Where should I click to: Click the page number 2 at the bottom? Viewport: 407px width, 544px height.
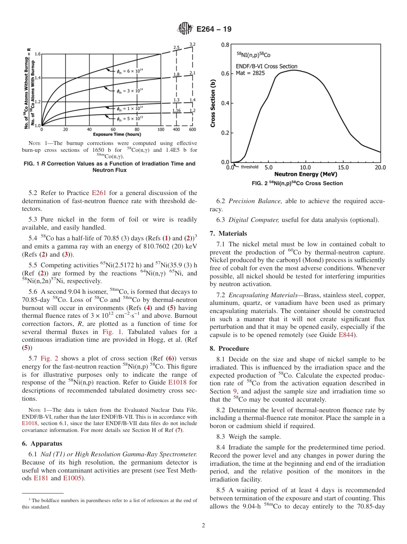(203, 526)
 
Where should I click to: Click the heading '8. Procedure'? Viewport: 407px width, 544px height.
(229, 349)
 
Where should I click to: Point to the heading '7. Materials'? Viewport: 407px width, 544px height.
(228, 233)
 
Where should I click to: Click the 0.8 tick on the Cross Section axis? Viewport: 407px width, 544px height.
(225, 44)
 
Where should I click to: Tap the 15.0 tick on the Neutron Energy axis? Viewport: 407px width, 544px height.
(343, 168)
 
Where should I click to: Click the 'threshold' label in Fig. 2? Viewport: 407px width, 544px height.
(249, 167)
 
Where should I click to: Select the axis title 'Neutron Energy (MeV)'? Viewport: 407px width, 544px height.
(305, 174)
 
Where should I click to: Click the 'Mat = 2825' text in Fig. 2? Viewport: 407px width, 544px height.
(251, 73)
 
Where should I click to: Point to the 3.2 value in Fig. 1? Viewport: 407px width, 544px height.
(192, 44)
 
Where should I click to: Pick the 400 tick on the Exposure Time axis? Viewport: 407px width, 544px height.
(176, 129)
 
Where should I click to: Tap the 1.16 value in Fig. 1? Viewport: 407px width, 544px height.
(176, 110)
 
